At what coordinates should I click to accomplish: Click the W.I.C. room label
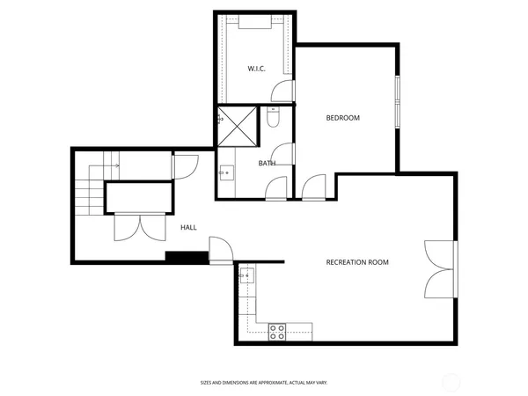coord(256,68)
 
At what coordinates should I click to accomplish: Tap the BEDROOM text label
coord(343,118)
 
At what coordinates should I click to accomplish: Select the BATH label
coord(268,163)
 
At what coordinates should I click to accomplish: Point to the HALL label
coord(188,228)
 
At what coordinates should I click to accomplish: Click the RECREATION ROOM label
coord(357,262)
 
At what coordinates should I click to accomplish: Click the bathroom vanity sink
coord(225,172)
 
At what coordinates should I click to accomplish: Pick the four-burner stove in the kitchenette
coord(277,331)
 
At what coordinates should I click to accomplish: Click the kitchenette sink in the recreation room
coord(246,276)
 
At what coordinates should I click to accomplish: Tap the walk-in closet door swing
coord(282,91)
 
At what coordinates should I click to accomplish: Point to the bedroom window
coord(397,101)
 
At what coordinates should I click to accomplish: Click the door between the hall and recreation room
coord(220,250)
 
